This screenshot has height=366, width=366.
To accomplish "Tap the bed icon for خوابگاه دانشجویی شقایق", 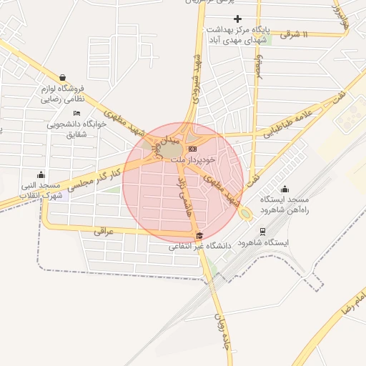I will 76,113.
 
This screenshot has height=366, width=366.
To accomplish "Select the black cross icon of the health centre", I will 238,19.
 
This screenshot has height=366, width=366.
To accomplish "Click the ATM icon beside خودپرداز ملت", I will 192,148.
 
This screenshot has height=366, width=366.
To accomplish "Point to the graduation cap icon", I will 199,236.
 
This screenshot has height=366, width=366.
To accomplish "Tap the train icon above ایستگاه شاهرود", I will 263,232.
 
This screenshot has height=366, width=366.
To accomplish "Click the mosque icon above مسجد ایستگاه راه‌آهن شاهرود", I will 285,189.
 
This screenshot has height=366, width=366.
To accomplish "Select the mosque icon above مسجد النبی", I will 41,174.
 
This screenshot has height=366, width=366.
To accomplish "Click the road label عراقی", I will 104,232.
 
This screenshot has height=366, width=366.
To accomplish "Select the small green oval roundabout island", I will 246,213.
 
